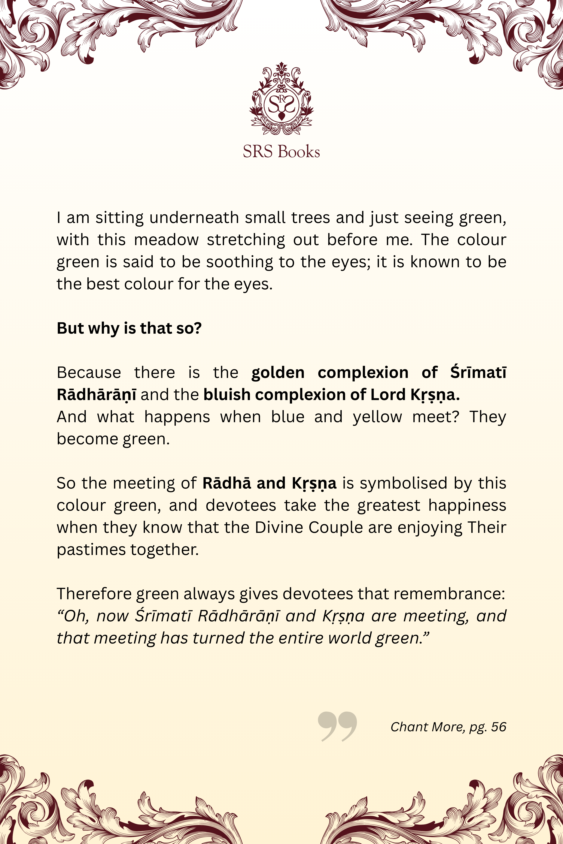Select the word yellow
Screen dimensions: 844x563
[377, 417]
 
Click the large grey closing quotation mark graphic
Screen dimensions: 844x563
[337, 726]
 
